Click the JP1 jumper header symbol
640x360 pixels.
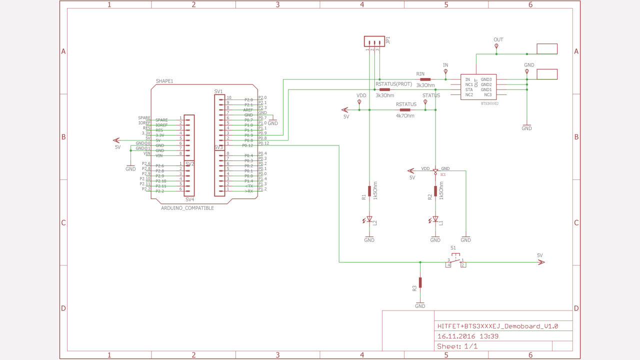pos(374,41)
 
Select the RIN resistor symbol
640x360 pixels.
pos(425,79)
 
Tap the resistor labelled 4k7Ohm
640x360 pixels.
pos(405,109)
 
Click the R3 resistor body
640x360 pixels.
pos(420,282)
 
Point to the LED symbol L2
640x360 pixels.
pos(369,218)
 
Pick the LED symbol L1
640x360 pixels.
pos(435,218)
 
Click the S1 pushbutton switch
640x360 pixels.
pos(456,261)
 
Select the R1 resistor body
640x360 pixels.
pos(369,190)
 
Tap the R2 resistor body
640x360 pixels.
pos(435,190)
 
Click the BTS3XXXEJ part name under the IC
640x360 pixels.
pos(489,103)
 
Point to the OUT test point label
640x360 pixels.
pos(498,39)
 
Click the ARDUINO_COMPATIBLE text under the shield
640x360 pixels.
pos(187,208)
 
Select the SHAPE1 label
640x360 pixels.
pos(164,81)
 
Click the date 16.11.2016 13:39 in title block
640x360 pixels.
pos(467,336)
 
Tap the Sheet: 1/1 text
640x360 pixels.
pos(457,346)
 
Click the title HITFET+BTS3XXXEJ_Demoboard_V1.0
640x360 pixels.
pos(497,326)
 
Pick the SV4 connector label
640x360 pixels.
pos(189,199)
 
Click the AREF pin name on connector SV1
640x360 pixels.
pos(248,109)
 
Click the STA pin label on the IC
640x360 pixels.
pos(468,89)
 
